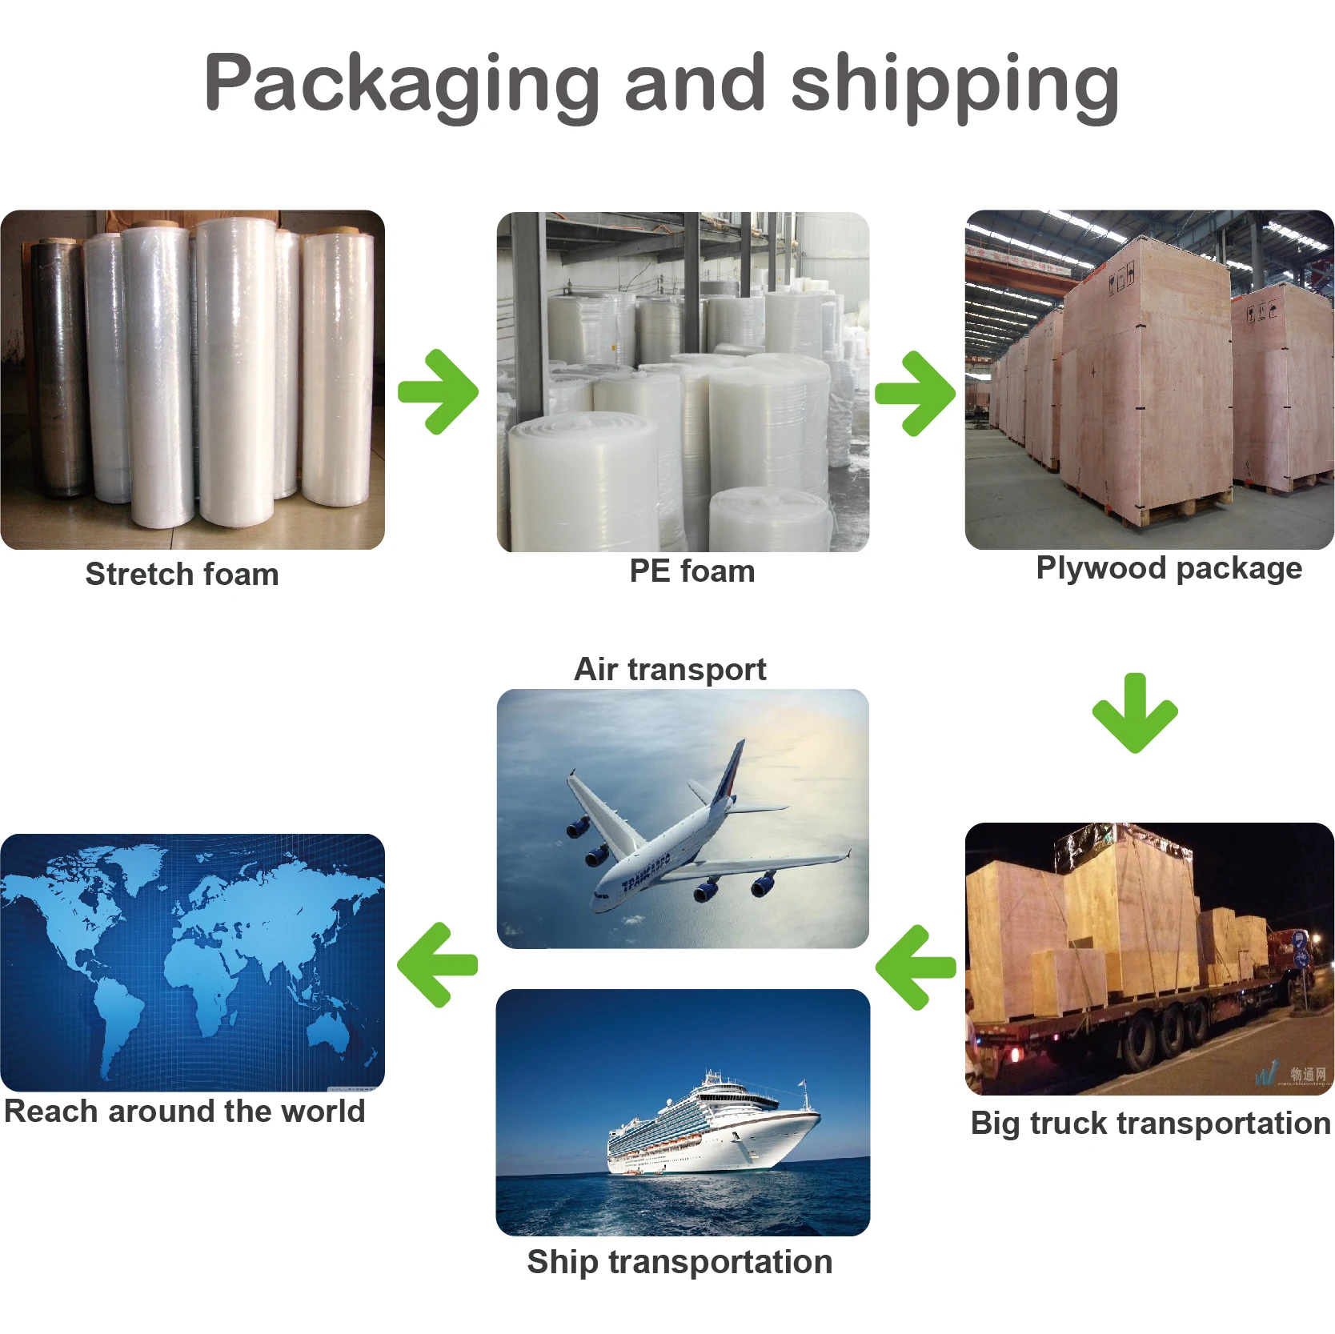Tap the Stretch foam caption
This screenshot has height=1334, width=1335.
[182, 574]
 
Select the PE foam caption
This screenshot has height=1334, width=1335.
[692, 571]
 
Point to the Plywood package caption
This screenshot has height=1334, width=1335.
[1169, 567]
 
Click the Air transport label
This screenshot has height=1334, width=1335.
[670, 669]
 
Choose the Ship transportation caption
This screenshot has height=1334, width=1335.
[680, 1261]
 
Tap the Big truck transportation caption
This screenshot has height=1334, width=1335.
[1150, 1123]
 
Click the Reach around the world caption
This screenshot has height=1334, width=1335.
[185, 1111]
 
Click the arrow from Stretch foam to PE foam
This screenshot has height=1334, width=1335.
[439, 392]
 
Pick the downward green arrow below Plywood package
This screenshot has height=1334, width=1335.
[1135, 713]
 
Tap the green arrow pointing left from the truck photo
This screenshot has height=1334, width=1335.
[916, 967]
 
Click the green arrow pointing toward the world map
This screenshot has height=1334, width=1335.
[438, 964]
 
